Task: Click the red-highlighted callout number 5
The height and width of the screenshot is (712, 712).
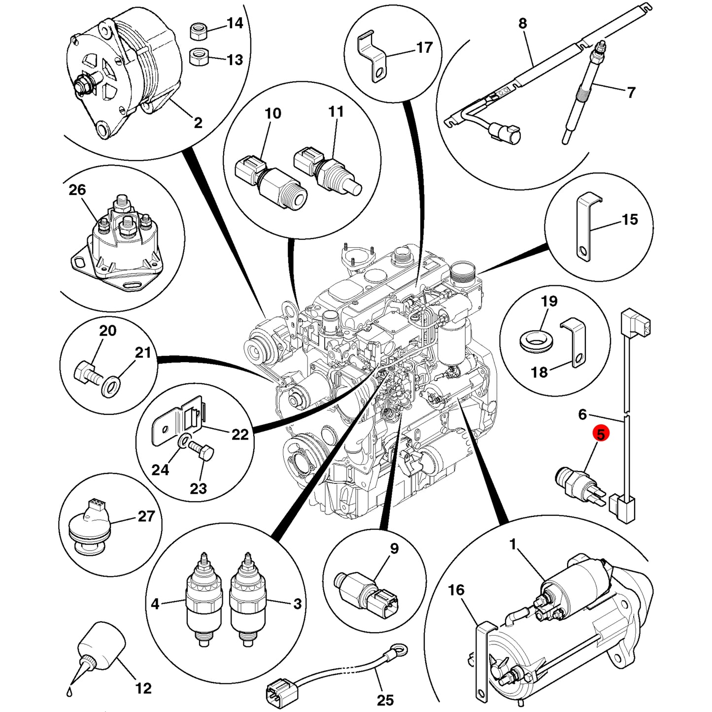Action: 601,434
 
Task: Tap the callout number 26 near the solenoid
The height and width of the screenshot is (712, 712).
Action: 77,190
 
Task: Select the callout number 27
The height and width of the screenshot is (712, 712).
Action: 146,516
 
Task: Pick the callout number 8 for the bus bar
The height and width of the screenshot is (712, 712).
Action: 522,23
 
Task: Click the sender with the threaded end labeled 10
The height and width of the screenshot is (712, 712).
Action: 271,182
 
